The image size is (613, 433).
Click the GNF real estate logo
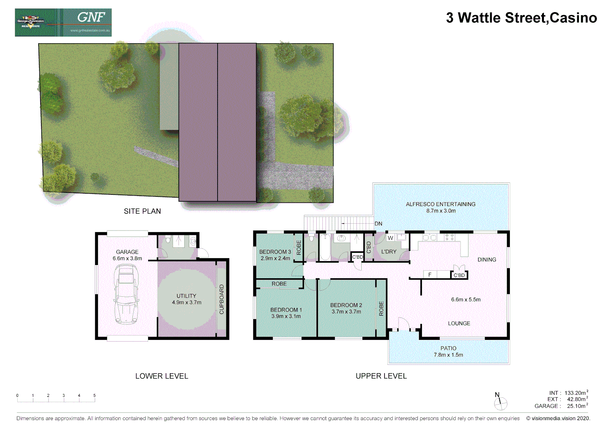tap(63, 22)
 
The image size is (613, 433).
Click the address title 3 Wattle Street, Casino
tap(521, 18)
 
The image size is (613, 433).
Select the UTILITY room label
tap(186, 296)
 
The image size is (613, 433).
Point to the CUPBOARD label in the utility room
tap(222, 299)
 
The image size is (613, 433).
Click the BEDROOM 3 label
tap(275, 252)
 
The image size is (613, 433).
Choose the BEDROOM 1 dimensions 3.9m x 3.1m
tap(286, 316)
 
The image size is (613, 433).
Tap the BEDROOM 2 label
tap(346, 305)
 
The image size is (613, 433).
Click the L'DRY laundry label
tap(389, 252)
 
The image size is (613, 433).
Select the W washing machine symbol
tap(390, 238)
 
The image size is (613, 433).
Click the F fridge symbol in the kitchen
tap(430, 275)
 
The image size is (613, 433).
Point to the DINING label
tap(487, 260)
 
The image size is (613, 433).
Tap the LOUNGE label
tap(459, 324)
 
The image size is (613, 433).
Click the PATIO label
tap(448, 348)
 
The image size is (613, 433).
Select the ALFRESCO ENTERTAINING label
tap(440, 204)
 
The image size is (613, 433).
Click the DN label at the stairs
tap(378, 224)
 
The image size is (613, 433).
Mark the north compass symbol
tap(500, 402)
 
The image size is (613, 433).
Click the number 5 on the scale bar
tap(94, 396)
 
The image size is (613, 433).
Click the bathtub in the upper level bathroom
tap(325, 247)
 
